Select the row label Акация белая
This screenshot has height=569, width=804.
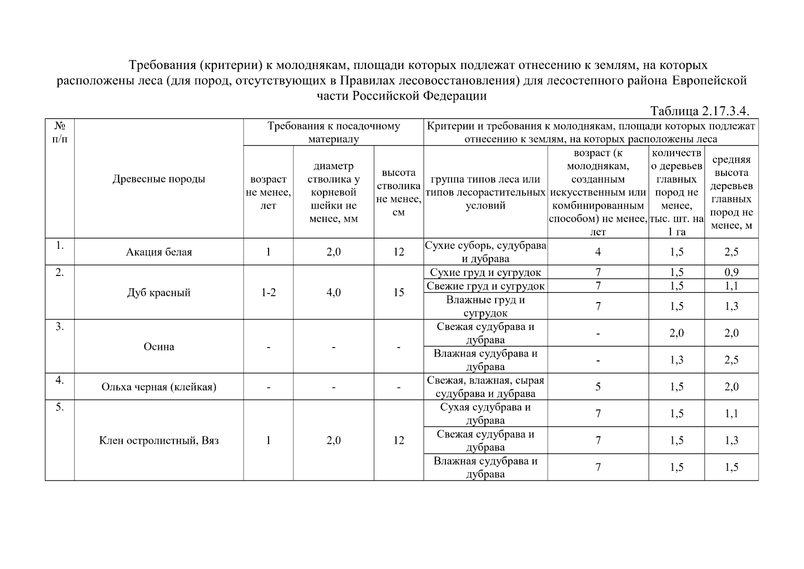pyautogui.click(x=159, y=252)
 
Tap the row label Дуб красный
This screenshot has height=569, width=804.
pyautogui.click(x=159, y=293)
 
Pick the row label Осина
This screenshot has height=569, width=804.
pyautogui.click(x=159, y=347)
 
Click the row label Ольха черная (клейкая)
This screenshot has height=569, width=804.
pyautogui.click(x=159, y=387)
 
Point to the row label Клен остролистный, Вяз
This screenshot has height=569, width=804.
pyautogui.click(x=159, y=441)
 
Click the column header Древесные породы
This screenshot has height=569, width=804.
pyautogui.click(x=159, y=179)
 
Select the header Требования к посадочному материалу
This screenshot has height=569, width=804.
pyautogui.click(x=334, y=132)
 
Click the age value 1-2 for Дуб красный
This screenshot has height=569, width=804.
pyautogui.click(x=268, y=293)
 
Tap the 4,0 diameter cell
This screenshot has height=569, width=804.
pyautogui.click(x=334, y=293)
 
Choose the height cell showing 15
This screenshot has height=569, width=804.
pyautogui.click(x=398, y=293)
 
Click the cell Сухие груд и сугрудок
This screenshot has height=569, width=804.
pyautogui.click(x=485, y=272)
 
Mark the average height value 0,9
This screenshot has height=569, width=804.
pyautogui.click(x=731, y=272)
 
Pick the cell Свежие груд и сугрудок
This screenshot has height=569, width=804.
pyautogui.click(x=485, y=286)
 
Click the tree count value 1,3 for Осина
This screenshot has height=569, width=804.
pyautogui.click(x=677, y=360)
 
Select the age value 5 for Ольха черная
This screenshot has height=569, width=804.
pyautogui.click(x=598, y=387)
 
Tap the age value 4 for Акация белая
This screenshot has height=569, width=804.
pyautogui.click(x=598, y=252)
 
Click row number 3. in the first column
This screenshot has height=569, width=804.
pyautogui.click(x=60, y=327)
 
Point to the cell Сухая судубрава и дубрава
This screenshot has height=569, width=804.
pyautogui.click(x=485, y=413)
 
